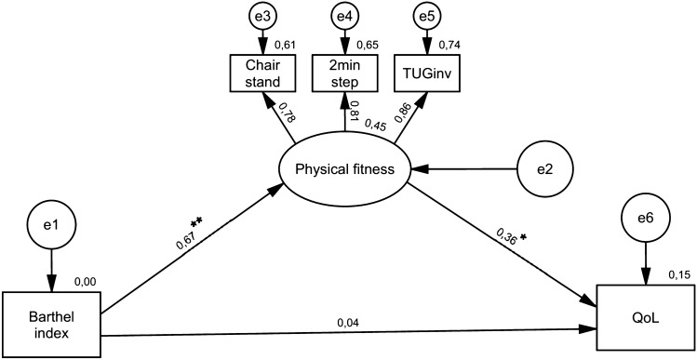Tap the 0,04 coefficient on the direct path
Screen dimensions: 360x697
pos(349,321)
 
